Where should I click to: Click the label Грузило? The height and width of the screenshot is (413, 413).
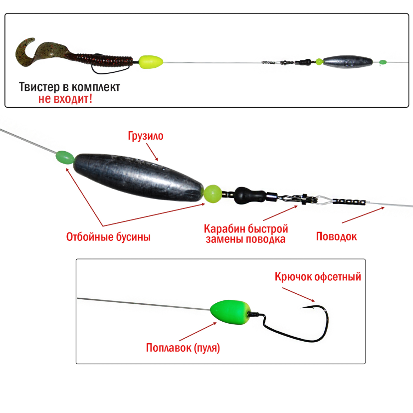(146, 136)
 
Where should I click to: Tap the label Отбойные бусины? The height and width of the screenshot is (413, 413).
(108, 237)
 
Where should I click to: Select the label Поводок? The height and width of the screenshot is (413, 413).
(336, 236)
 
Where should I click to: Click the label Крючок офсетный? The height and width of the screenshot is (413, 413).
(318, 277)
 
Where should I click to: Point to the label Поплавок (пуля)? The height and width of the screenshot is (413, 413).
(183, 348)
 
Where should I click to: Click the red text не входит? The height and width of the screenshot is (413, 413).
(65, 99)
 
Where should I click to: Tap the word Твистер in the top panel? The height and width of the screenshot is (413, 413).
(39, 87)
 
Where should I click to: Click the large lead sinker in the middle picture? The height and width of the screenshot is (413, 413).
(139, 177)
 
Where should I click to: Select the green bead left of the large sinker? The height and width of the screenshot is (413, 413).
(65, 158)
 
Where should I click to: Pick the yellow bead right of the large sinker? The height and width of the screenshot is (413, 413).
(212, 194)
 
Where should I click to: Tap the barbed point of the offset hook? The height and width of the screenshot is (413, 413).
(302, 308)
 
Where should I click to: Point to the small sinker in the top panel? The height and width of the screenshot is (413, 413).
(348, 62)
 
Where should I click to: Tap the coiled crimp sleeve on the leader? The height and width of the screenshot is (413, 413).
(349, 202)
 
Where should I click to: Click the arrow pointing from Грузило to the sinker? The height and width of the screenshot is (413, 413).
(152, 152)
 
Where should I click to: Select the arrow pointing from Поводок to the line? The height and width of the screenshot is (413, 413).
(363, 215)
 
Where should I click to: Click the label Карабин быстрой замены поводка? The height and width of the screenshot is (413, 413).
(246, 234)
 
